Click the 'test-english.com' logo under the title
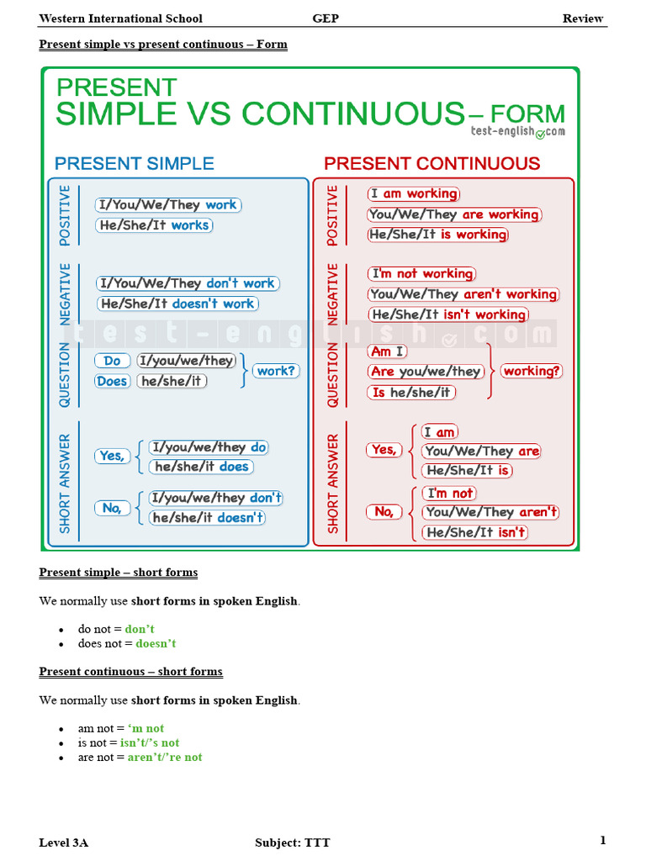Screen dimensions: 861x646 coord(517,132)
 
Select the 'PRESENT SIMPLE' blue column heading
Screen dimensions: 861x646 coord(135,163)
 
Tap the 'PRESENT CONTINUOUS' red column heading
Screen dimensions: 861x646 coord(432,163)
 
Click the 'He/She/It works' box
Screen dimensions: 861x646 coord(155,225)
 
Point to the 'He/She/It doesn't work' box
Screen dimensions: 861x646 coord(177,304)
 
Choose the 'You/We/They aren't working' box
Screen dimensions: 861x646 coord(463,294)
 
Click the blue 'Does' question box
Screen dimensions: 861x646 coord(112,381)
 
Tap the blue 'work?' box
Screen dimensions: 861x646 coord(277,371)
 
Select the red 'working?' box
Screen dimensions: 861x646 coord(532,371)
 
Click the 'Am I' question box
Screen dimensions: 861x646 coord(387,351)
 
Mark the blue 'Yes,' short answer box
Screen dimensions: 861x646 coord(112,456)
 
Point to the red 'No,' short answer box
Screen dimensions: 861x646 coord(384,511)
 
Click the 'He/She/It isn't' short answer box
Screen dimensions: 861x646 coord(475,532)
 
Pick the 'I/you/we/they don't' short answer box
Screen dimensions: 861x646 coord(216,498)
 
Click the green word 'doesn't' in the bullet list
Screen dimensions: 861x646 coord(156,643)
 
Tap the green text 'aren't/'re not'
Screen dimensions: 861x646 coord(165,757)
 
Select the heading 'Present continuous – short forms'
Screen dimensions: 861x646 coord(130,672)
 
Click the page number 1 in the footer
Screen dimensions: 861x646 coord(602,841)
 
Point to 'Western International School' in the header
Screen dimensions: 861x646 coord(120,18)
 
